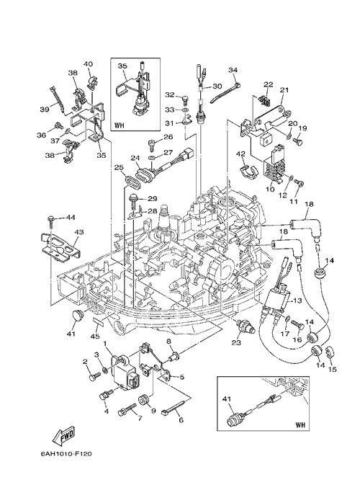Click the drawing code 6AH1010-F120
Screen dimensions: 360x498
pyautogui.click(x=66, y=454)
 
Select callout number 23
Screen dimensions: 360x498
pyautogui.click(x=236, y=342)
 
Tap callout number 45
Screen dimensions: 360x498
pyautogui.click(x=96, y=336)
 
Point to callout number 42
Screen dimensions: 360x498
pyautogui.click(x=241, y=154)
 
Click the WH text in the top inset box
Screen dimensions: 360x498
pyautogui.click(x=120, y=125)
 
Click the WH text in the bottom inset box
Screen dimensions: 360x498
pyautogui.click(x=300, y=424)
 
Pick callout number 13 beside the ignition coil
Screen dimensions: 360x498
pyautogui.click(x=298, y=300)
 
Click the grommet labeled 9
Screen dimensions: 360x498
pyautogui.click(x=145, y=400)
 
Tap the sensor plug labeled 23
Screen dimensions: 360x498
pyautogui.click(x=246, y=326)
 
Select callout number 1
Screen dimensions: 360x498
pyautogui.click(x=105, y=344)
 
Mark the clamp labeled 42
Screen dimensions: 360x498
pyautogui.click(x=248, y=172)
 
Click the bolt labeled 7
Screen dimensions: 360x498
pyautogui.click(x=127, y=409)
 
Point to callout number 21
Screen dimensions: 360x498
pyautogui.click(x=284, y=90)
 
